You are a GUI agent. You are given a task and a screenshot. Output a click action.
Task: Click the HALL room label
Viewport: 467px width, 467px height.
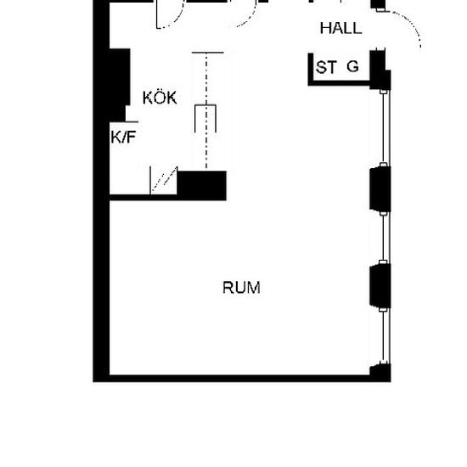(x=340, y=29)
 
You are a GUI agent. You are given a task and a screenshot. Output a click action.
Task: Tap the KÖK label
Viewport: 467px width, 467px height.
(x=160, y=97)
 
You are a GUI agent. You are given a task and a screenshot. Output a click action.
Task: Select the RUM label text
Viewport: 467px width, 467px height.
(x=241, y=288)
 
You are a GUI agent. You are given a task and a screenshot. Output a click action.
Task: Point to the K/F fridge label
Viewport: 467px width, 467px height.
(x=123, y=138)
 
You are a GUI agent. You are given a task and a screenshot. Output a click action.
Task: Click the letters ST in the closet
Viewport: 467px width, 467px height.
(x=326, y=67)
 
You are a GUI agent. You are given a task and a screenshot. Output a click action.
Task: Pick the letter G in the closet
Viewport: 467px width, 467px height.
(x=352, y=66)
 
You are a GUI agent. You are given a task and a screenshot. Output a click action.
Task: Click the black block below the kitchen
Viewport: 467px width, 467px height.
(x=201, y=185)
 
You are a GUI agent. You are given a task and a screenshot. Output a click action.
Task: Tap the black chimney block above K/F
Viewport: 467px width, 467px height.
(x=120, y=85)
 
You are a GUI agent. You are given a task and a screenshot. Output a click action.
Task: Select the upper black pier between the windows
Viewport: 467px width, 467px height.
(x=380, y=189)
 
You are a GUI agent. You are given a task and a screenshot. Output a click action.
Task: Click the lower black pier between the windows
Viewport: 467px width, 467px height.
(x=380, y=286)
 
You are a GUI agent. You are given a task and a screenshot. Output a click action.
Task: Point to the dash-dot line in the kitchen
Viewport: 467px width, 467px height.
(x=206, y=110)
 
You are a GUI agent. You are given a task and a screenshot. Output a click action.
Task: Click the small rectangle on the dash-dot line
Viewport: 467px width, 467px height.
(x=205, y=118)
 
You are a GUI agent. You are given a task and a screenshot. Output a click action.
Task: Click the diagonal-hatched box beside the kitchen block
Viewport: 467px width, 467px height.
(x=164, y=181)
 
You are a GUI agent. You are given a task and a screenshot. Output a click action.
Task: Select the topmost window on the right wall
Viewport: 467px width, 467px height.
(x=386, y=127)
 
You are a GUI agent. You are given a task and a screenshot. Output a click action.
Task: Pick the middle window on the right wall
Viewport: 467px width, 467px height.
(x=386, y=238)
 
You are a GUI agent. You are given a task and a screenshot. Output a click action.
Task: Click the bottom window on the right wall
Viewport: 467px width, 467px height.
(x=386, y=336)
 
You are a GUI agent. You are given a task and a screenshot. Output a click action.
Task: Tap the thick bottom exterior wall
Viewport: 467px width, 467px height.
(x=242, y=379)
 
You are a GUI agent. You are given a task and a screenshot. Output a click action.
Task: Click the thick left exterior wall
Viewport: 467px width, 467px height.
(x=101, y=190)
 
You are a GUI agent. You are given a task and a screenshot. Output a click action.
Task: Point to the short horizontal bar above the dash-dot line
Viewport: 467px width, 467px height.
(x=207, y=53)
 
